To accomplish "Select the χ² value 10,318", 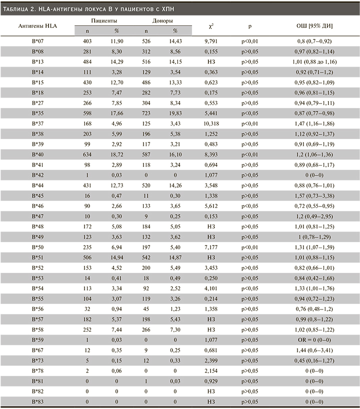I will [x=208, y=123].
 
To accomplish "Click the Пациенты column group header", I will [x=104, y=21].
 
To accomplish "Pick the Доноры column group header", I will [x=163, y=21].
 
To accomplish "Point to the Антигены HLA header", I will [x=37, y=25].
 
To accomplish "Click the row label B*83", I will [x=37, y=401].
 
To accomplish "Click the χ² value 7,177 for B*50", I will [x=208, y=247].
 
